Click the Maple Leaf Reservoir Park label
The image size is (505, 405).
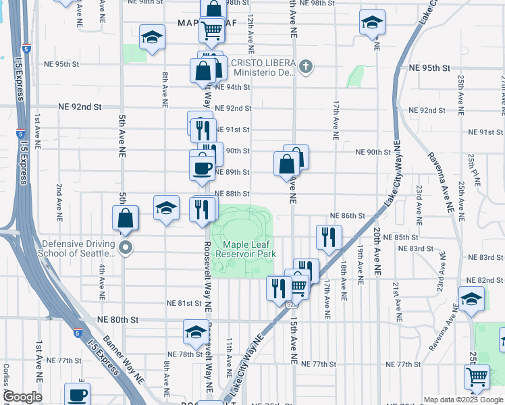246,249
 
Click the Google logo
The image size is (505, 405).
22,397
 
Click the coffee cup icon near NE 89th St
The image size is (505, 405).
203,167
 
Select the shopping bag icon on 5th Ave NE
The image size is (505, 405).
126,218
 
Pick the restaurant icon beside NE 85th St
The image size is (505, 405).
329,237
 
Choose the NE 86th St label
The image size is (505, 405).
348,215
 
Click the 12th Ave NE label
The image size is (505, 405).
250,34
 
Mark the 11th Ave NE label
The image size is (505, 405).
230,358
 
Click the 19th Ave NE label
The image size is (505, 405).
361,263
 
